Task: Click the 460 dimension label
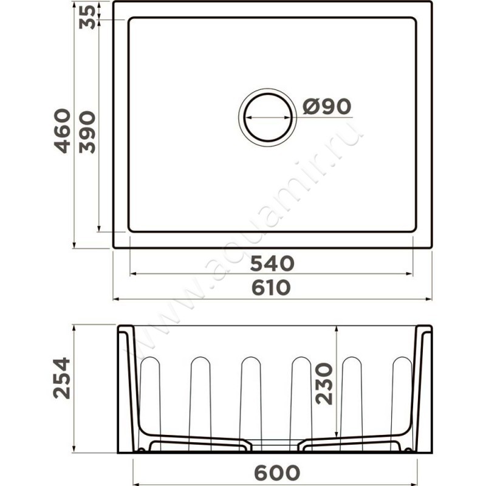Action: [62, 131]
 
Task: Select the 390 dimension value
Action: [87, 132]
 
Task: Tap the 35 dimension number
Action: [87, 18]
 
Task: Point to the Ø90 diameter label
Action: [327, 106]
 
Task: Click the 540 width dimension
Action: [272, 264]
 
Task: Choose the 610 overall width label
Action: [271, 287]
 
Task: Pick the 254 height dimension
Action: [62, 378]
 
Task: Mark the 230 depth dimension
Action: [324, 384]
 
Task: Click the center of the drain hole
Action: [268, 117]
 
